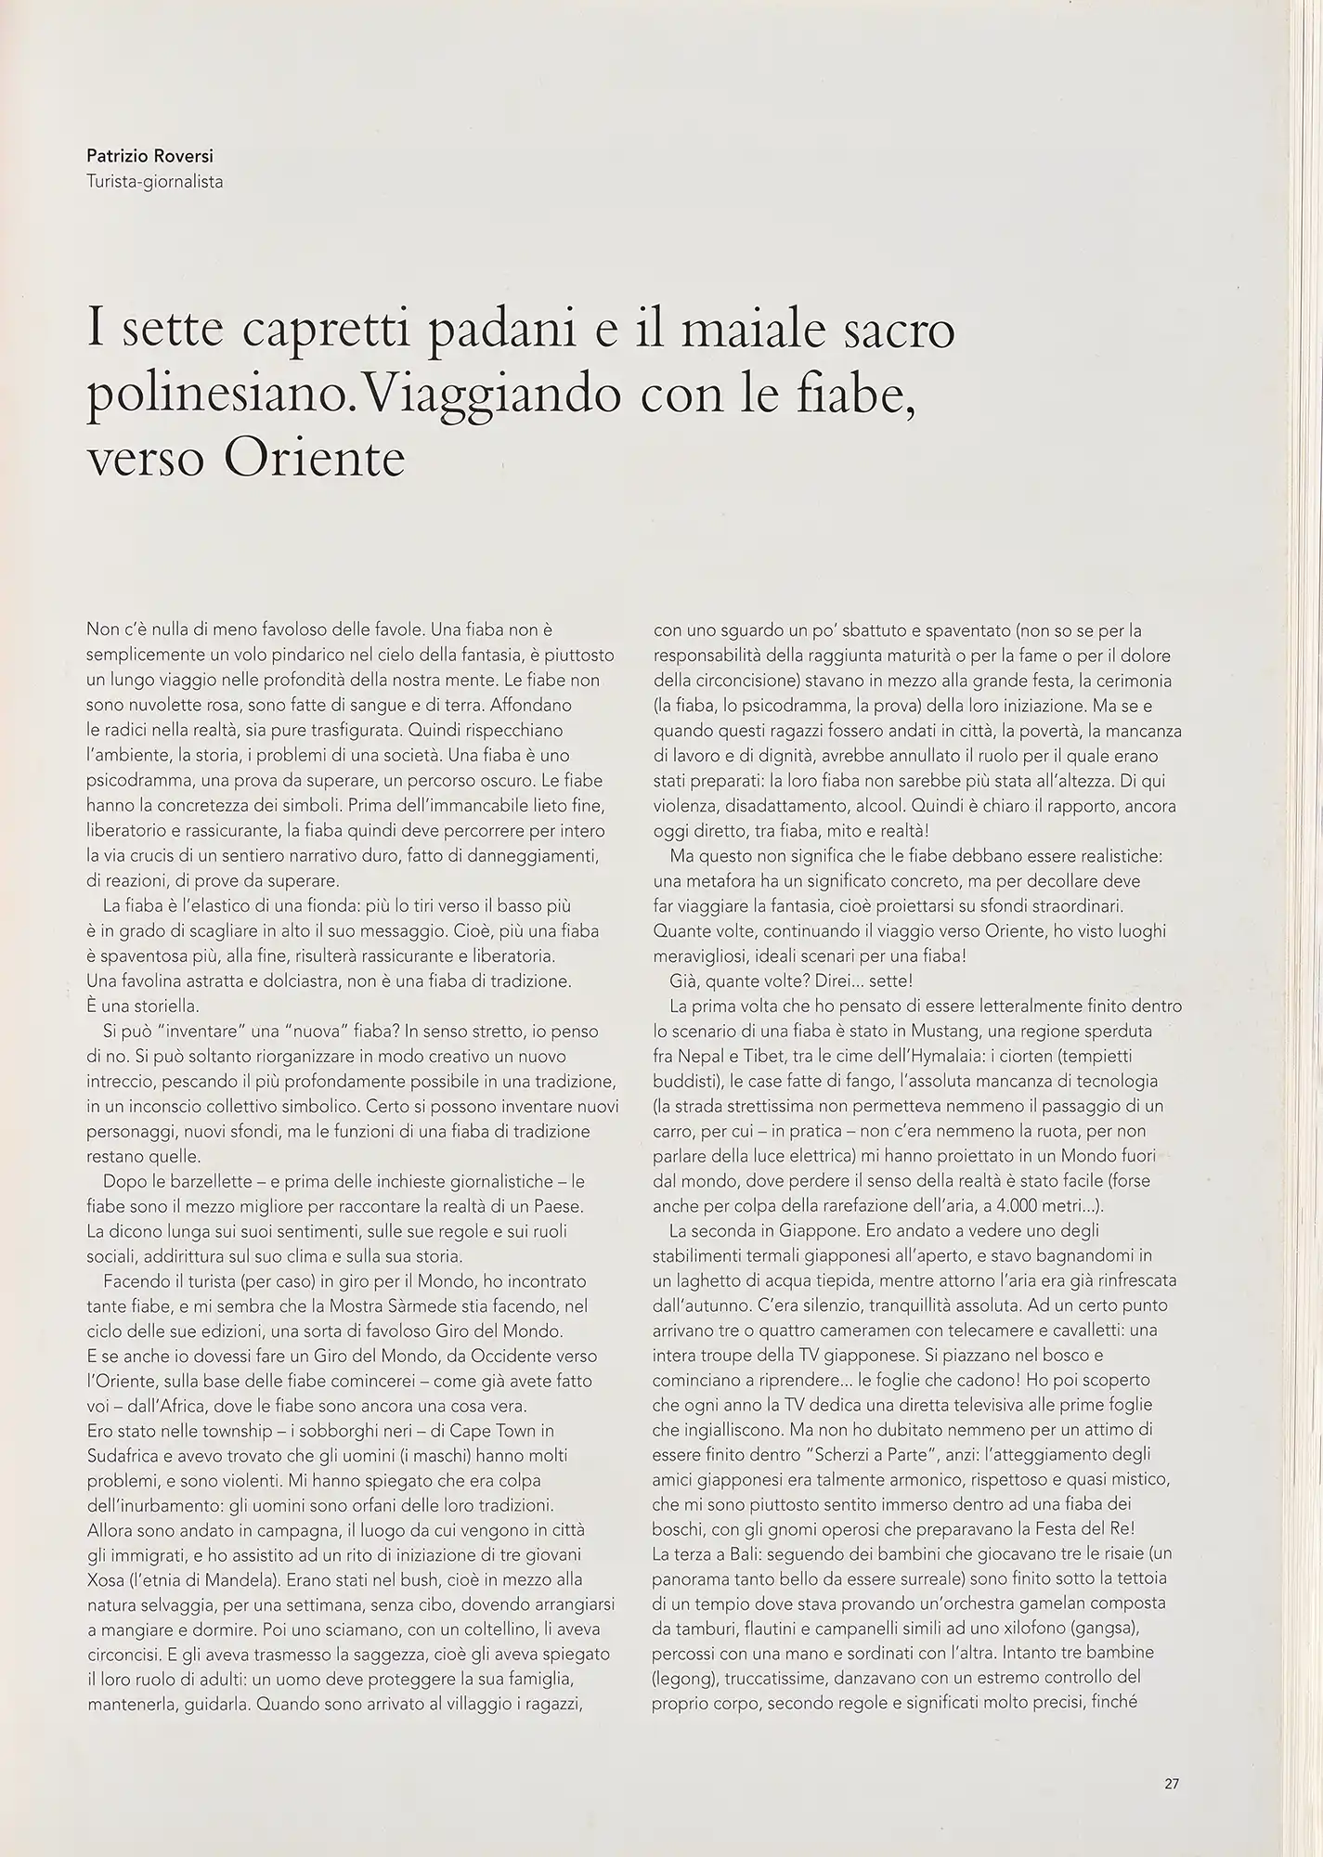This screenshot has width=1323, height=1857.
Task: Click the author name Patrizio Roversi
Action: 149,157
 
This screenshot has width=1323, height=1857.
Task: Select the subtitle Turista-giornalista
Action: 154,182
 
